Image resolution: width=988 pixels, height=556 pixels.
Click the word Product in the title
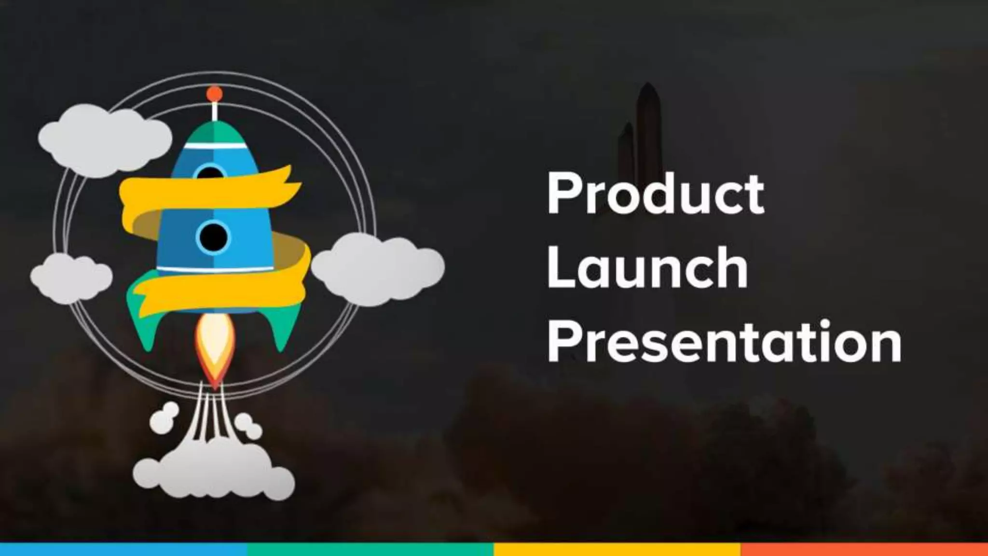tap(655, 194)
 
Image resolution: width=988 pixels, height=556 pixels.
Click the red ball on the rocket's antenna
tap(214, 94)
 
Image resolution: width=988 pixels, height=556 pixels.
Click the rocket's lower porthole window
tap(213, 237)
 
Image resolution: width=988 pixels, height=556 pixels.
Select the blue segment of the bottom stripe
tap(123, 549)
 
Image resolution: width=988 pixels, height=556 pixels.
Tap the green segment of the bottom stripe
tap(370, 549)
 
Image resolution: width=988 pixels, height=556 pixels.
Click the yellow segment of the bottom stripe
tap(617, 549)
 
